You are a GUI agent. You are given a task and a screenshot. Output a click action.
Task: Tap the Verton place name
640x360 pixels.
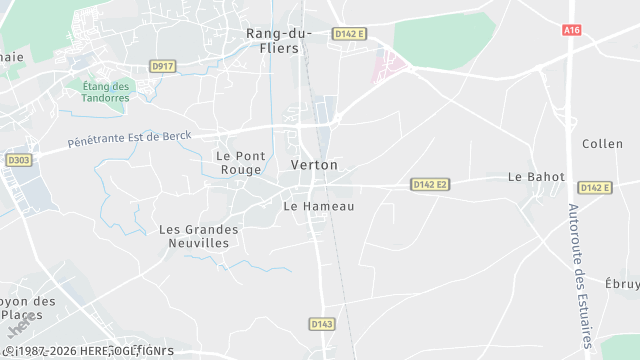pos(313,164)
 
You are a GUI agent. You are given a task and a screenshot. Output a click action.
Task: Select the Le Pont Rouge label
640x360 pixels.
pos(237,163)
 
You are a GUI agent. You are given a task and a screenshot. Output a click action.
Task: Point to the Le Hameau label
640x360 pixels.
pos(319,206)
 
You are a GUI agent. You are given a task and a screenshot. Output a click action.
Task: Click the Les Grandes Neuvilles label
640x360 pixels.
pos(199,236)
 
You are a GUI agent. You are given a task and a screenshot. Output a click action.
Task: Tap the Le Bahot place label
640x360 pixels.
pos(536,177)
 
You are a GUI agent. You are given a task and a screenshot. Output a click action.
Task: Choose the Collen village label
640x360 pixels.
pos(602,144)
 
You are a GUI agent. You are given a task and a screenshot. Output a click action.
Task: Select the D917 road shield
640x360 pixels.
pos(162,66)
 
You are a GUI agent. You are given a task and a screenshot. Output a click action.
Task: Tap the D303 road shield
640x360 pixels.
pos(18,160)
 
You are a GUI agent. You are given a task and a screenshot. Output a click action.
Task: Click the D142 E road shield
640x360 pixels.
pos(350,34)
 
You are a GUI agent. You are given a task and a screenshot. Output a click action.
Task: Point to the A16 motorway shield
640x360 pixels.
pos(572,31)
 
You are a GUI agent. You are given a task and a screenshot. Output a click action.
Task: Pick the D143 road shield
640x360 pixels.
pos(321,324)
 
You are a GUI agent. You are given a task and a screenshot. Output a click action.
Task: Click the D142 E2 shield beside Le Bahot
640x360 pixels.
pos(594,188)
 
